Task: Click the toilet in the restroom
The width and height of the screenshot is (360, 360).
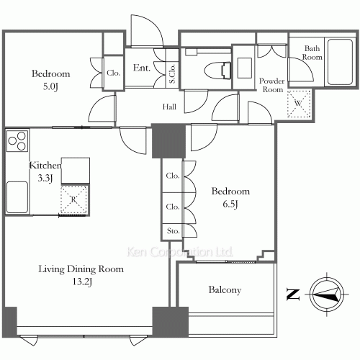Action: [x=218, y=71]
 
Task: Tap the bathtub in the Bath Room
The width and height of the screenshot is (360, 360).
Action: [x=340, y=62]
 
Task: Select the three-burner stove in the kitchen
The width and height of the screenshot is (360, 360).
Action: [x=17, y=140]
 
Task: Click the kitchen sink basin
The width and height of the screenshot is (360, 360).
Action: [x=17, y=197]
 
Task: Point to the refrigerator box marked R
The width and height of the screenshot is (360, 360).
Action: [x=73, y=199]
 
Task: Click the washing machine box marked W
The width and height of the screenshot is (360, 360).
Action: [x=299, y=104]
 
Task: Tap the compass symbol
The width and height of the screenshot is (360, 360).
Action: [x=327, y=294]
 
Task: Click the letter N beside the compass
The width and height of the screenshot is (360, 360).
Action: [x=293, y=294]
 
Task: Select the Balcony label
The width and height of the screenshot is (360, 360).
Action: [x=225, y=289]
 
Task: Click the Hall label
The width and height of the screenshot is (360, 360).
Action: [x=169, y=107]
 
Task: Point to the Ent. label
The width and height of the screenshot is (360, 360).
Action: [x=142, y=68]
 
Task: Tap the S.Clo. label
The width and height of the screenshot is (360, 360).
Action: [x=172, y=73]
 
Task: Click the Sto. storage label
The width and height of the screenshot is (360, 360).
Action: [x=173, y=231]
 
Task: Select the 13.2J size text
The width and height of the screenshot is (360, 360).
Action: [x=82, y=282]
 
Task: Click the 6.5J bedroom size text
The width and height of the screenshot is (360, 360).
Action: [x=230, y=204]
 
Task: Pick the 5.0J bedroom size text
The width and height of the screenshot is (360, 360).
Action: [x=50, y=86]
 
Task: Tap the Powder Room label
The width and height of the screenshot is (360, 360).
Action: [x=272, y=85]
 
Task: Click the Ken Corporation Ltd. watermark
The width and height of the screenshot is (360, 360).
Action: [x=179, y=252]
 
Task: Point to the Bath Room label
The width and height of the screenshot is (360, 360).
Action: [x=312, y=53]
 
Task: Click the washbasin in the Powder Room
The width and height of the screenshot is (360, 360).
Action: [x=244, y=68]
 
